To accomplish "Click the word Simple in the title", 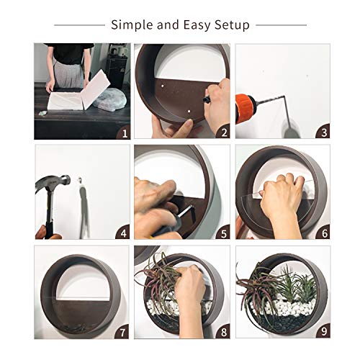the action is tap(132, 25).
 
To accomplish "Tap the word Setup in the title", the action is tap(232, 25).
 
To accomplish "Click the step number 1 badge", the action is tap(124, 132).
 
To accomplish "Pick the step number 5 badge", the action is tap(223, 233).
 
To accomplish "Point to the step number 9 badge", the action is tap(323, 331).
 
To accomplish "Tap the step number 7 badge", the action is tap(122, 332).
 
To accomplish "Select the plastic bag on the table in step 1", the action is tap(110, 99).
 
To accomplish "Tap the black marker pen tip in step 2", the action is tap(205, 99).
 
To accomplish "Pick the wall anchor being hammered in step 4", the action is tap(79, 180).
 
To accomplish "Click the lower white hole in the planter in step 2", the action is tap(189, 112).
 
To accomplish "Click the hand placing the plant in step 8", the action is tap(191, 288).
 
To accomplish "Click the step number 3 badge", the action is tap(323, 132).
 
